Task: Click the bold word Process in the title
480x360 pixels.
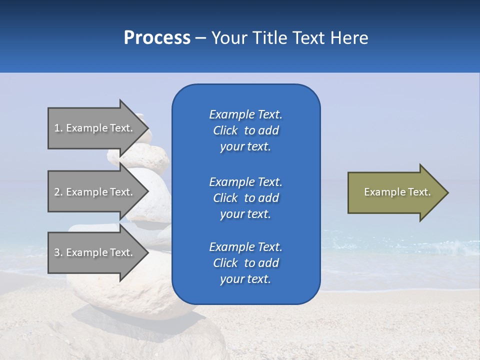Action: tap(157, 38)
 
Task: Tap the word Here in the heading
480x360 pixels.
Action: tap(349, 38)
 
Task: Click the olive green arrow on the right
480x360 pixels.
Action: tap(390, 192)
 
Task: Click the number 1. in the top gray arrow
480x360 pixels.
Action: tap(58, 128)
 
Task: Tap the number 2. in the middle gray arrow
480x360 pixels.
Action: tap(58, 192)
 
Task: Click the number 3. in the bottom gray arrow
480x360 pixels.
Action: tap(58, 252)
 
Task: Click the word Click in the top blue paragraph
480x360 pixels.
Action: tap(225, 130)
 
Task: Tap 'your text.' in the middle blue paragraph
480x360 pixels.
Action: tap(245, 214)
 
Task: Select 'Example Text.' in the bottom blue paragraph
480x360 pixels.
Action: tap(245, 247)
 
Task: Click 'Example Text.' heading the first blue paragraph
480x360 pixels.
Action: tap(245, 114)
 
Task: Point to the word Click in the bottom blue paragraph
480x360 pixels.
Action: tap(225, 263)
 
